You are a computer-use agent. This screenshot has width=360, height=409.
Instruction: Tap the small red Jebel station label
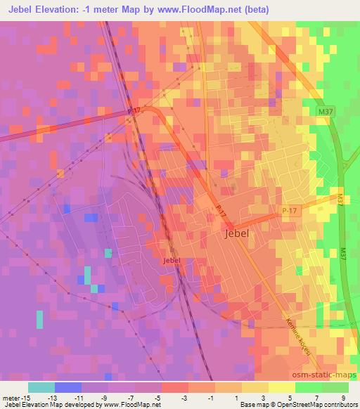[x=172, y=260]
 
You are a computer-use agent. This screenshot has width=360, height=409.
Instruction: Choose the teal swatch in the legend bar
[x=41, y=387]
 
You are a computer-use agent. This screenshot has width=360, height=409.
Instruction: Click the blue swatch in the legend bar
[x=68, y=387]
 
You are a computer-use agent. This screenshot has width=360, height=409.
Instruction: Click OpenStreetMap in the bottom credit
[x=307, y=405]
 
